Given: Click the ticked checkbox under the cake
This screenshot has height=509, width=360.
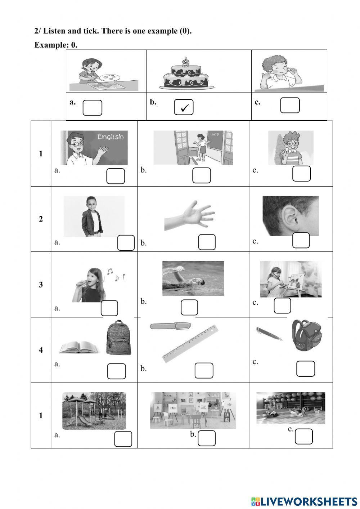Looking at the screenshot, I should pyautogui.click(x=184, y=107).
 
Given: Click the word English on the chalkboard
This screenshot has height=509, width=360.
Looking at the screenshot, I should pyautogui.click(x=110, y=137).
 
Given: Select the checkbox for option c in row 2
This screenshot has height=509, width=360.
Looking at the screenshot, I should pyautogui.click(x=301, y=241).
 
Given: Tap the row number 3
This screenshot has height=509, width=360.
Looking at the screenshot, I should pyautogui.click(x=41, y=285).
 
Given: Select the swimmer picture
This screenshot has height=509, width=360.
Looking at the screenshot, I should pyautogui.click(x=193, y=278).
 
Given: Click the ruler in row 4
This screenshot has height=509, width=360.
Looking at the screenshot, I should pyautogui.click(x=190, y=343).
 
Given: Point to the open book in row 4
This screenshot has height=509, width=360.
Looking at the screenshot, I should pyautogui.click(x=79, y=347).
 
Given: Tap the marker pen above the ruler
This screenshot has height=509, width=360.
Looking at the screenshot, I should pyautogui.click(x=170, y=326).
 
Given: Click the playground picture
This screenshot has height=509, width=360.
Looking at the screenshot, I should pyautogui.click(x=94, y=411).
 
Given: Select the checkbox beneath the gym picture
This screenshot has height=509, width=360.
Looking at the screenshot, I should pyautogui.click(x=303, y=437).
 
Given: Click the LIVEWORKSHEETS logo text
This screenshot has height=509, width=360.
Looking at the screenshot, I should pyautogui.click(x=308, y=501).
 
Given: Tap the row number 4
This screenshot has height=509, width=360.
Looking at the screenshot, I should pyautogui.click(x=41, y=350).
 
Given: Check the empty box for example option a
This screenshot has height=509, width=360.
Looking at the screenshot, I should pyautogui.click(x=92, y=108).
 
